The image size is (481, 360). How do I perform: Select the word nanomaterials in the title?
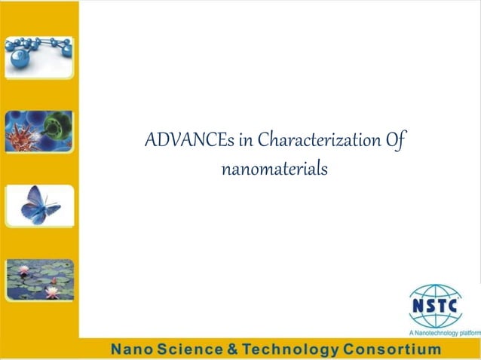(x=274, y=169)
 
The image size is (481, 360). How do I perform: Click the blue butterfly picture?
(x=39, y=204)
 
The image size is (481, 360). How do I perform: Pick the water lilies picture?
(x=39, y=279)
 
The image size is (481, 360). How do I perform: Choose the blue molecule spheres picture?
(x=39, y=56)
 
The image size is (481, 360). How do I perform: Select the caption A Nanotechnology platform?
(x=444, y=332)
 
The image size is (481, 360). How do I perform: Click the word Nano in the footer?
(x=132, y=350)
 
